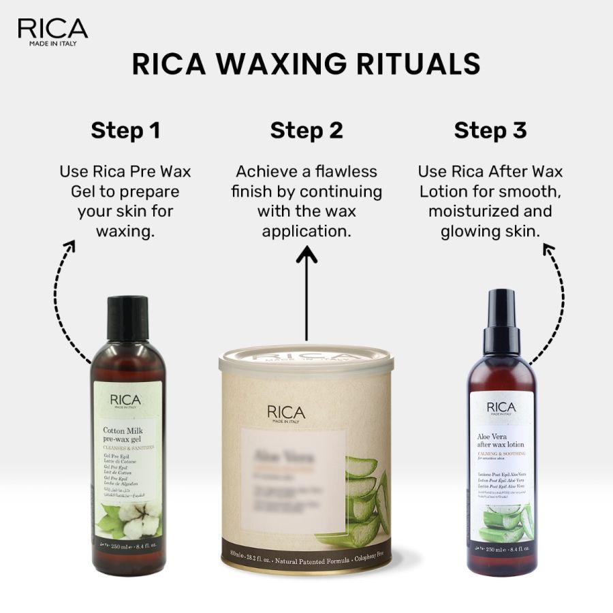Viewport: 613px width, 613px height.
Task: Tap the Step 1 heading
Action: pos(125,130)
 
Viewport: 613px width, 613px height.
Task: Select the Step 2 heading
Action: pos(306,130)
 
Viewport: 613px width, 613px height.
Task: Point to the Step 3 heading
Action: pos(490,130)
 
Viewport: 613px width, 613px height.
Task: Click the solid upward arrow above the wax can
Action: pos(306,293)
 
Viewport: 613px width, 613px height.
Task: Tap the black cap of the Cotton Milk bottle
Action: pos(127,317)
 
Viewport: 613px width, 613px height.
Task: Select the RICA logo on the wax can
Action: pos(286,413)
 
